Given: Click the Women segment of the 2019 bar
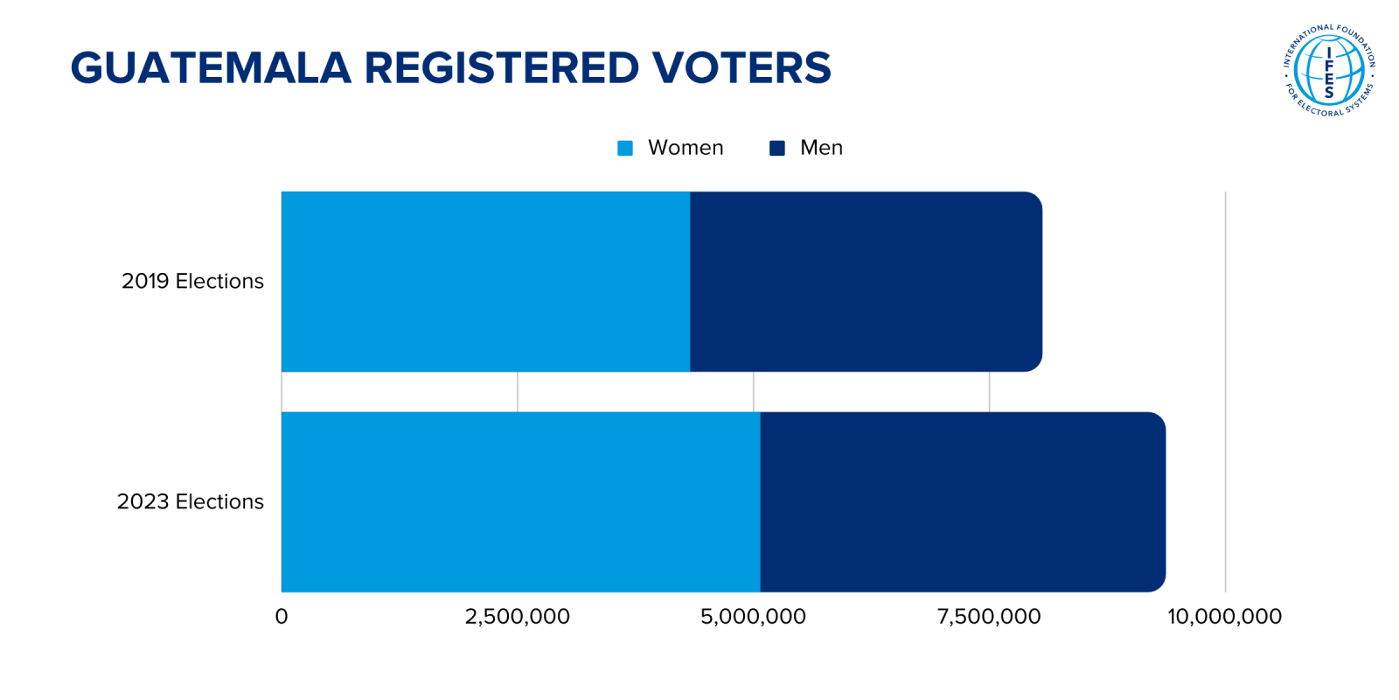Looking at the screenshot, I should point(485,282).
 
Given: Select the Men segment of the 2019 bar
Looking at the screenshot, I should point(866,282).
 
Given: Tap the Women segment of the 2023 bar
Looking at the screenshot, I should point(520,501).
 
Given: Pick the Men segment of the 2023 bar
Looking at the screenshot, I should point(962,501).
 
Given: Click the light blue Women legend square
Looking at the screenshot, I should point(625,148).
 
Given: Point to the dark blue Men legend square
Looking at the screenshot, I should point(777,148).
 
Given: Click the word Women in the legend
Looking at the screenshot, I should point(686,148).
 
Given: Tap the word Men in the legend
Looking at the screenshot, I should point(821,148).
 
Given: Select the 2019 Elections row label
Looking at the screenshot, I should point(192,281).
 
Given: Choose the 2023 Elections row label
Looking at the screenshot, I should point(190,501).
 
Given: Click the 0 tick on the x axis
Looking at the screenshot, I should point(282,617).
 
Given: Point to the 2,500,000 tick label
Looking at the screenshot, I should point(517,617).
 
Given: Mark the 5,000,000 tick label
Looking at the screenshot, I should point(753,617).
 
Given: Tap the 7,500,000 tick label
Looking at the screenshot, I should point(989,617).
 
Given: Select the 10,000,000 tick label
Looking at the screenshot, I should point(1224,617).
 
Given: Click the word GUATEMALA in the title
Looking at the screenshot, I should point(210,68).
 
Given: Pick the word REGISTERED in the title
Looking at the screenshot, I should point(501,68).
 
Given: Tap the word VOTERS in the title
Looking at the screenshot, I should point(741,68).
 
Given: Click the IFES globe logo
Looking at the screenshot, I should point(1329,71).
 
